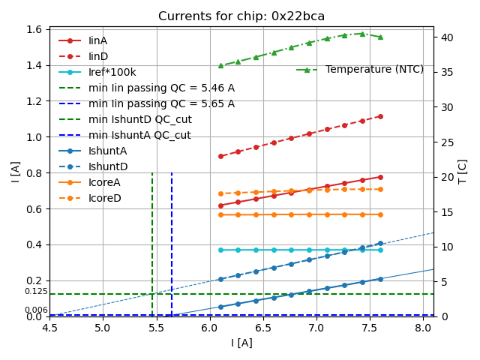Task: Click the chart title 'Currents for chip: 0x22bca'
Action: point(241,16)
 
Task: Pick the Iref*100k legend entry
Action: point(112,72)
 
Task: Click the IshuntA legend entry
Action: point(108,151)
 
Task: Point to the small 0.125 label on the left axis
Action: point(36,291)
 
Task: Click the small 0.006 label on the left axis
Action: point(36,310)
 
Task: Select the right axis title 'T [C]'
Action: point(463,171)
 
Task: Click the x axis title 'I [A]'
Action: point(241,343)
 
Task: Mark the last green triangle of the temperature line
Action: point(380,37)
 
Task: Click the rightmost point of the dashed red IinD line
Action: point(380,116)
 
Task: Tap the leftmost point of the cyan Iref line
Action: point(220,250)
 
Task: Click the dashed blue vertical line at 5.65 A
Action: point(172,240)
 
